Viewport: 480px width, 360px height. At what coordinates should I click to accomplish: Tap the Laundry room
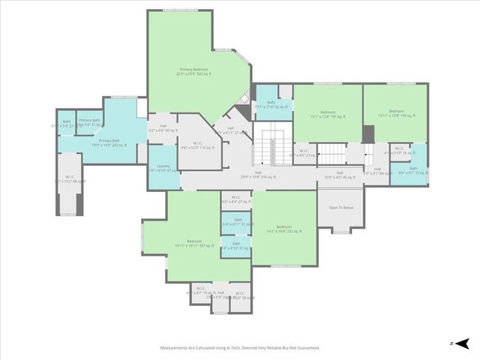163,169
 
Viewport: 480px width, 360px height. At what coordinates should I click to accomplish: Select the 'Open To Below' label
340,207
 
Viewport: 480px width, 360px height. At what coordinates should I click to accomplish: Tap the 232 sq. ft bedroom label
283,229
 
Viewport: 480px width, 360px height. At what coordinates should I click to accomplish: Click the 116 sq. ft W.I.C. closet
197,145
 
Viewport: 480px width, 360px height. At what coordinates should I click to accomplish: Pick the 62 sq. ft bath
271,105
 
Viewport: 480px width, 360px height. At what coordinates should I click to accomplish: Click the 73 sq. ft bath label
412,171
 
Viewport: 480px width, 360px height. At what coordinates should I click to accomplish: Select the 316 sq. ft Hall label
258,175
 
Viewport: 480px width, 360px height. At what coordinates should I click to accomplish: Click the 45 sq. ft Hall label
338,176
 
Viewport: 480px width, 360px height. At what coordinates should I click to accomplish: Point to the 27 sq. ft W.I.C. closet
235,200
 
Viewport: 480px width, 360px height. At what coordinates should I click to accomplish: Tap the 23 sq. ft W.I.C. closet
304,154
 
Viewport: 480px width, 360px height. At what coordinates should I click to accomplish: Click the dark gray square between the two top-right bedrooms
367,134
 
